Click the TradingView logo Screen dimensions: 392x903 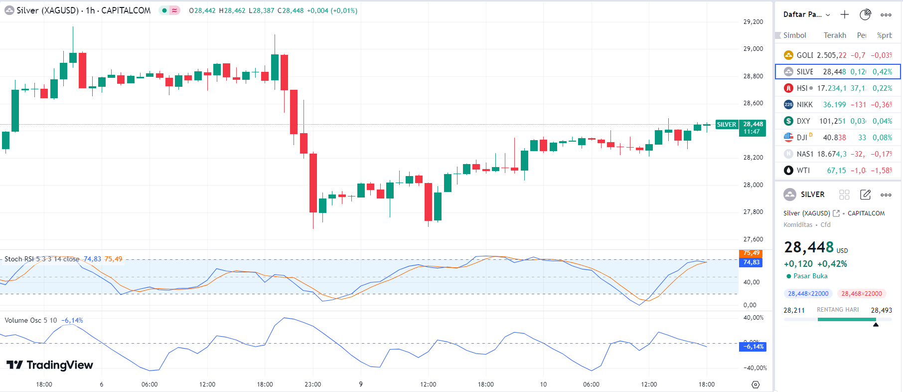(x=50, y=365)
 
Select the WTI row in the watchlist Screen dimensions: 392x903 (x=837, y=171)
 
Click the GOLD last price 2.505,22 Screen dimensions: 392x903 (x=831, y=55)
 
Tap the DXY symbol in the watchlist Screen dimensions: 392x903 (x=803, y=121)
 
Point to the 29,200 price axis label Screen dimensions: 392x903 (x=753, y=22)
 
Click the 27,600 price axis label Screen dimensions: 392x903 (x=753, y=239)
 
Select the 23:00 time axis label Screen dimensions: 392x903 (x=313, y=385)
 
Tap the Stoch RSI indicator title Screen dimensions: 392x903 (x=42, y=259)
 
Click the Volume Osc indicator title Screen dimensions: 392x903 (x=31, y=321)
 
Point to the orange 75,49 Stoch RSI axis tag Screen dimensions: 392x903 (x=751, y=253)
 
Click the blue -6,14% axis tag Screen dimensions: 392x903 (x=752, y=347)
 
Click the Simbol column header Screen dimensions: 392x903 (x=794, y=35)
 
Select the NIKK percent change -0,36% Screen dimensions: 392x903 (x=881, y=105)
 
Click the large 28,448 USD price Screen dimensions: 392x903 (x=808, y=247)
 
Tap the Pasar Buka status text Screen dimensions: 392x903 (x=810, y=276)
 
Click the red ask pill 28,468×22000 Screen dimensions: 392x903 (x=861, y=294)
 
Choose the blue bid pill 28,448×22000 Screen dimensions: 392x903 (x=808, y=294)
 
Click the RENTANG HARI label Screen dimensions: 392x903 (x=837, y=310)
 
